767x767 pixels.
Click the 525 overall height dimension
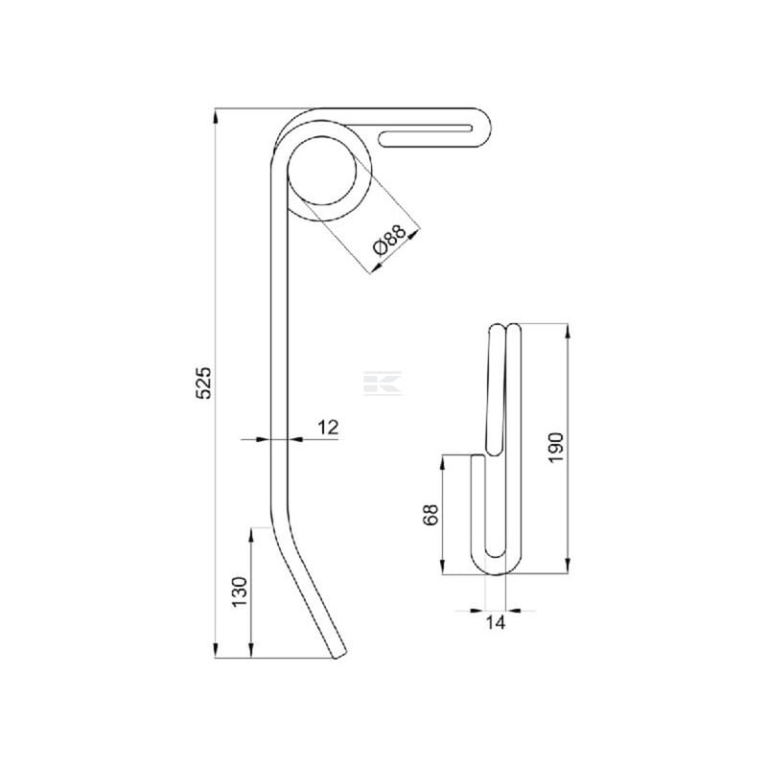[203, 383]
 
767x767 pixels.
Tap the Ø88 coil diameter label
[389, 239]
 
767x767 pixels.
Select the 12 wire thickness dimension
[328, 428]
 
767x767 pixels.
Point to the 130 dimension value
[240, 593]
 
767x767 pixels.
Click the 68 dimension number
[430, 515]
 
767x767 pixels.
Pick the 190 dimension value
[556, 448]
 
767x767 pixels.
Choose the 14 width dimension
[495, 622]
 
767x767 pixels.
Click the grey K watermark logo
[383, 383]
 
